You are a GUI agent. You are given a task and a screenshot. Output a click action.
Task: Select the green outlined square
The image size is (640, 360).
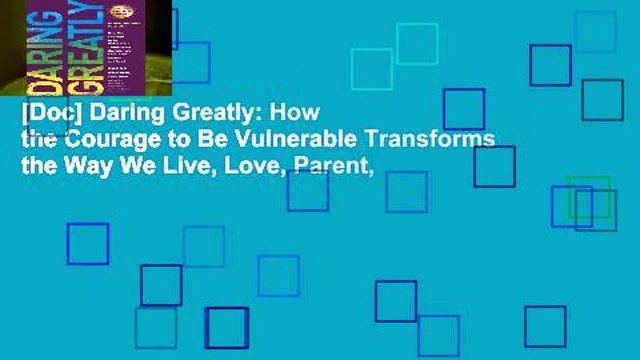588,196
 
